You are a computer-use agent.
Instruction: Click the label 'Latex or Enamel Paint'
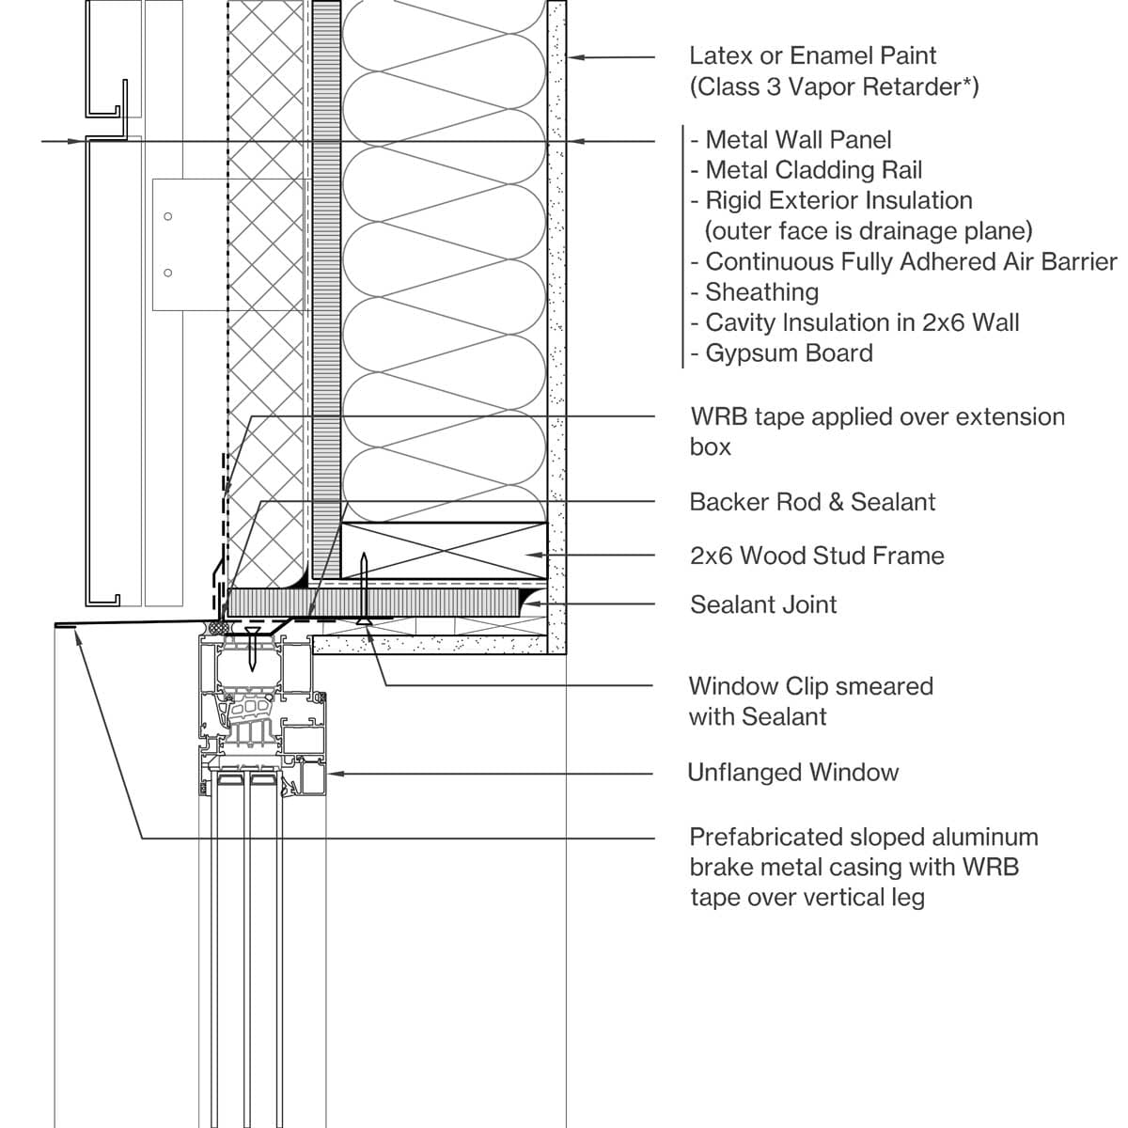click(812, 56)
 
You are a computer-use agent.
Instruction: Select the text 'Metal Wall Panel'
click(797, 140)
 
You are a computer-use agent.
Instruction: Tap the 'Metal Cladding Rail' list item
click(813, 170)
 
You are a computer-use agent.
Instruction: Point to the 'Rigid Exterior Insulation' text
click(838, 200)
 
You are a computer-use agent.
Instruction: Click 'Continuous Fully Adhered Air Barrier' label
click(910, 261)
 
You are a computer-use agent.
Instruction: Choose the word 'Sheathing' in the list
click(761, 292)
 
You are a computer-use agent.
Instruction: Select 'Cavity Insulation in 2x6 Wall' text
click(861, 322)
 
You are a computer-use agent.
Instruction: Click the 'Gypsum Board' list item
click(789, 353)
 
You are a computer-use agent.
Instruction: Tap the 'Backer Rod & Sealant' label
click(812, 502)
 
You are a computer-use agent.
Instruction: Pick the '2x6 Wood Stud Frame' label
click(817, 556)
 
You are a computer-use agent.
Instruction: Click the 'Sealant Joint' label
click(763, 604)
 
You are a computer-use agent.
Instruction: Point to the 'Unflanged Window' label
click(793, 773)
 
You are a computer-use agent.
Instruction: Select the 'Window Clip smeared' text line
click(810, 686)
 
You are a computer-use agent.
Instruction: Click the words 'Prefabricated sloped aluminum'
click(863, 837)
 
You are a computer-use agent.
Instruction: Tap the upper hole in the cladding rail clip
click(168, 217)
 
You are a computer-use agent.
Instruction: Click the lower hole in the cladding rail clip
click(168, 274)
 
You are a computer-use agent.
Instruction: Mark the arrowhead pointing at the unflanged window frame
click(332, 774)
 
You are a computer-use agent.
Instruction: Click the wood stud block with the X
click(443, 551)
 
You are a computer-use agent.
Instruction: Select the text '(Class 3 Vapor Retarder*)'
click(834, 87)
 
